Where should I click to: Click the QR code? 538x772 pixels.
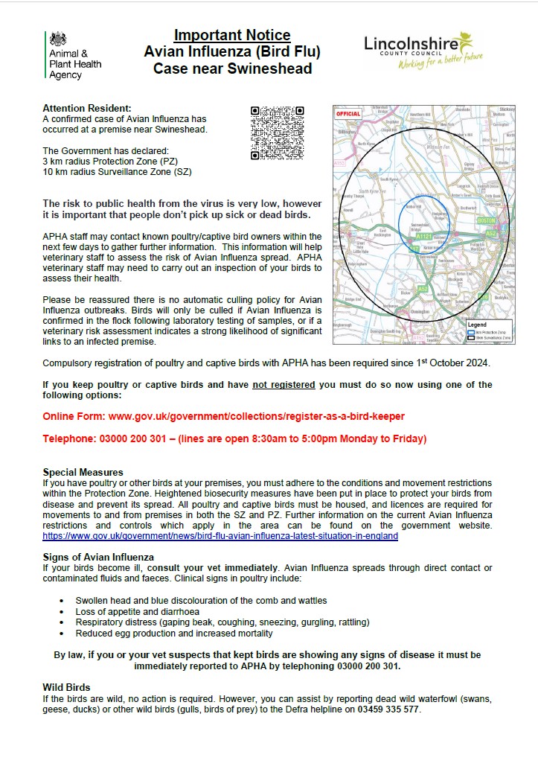(278, 133)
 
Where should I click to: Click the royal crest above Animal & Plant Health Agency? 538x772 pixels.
(57, 40)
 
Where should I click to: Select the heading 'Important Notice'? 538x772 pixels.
(232, 35)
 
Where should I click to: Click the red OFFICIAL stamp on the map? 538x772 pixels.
(348, 115)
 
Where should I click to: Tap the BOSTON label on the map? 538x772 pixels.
(486, 221)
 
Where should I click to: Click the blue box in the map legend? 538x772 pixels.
(470, 332)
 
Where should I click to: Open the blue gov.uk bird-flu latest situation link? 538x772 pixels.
(220, 536)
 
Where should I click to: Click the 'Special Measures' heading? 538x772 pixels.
(83, 472)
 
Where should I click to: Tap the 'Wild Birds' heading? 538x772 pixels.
(66, 687)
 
